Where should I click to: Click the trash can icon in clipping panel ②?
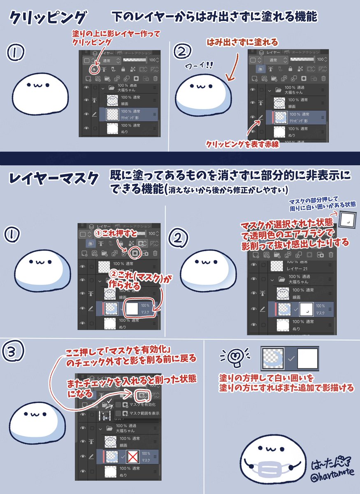point(324,78)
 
